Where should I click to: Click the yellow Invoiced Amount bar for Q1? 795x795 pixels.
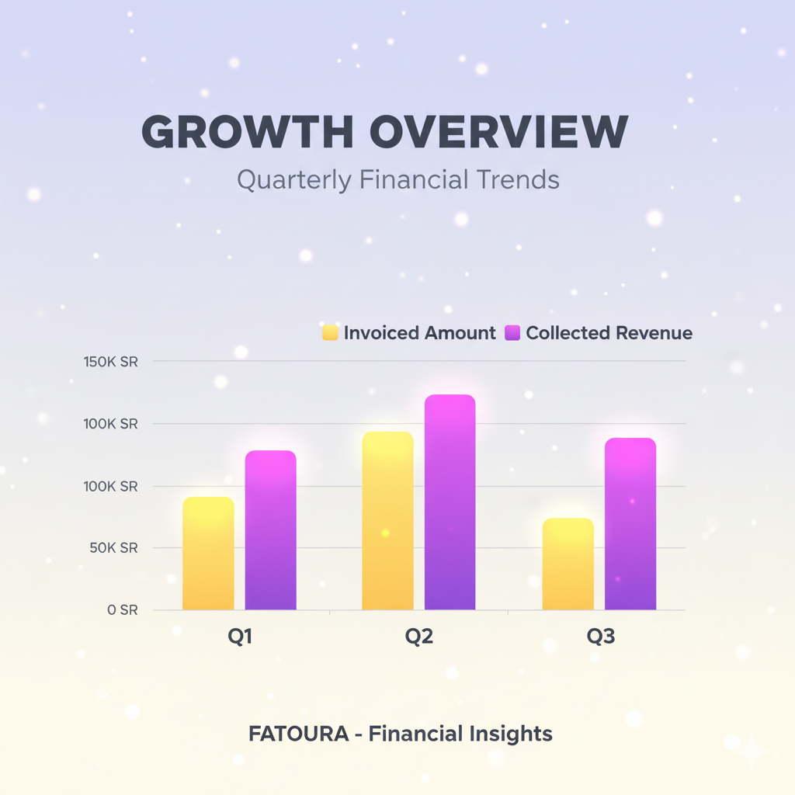[208, 553]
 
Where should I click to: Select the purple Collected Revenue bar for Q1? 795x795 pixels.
[271, 529]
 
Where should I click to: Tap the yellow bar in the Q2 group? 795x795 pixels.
[388, 521]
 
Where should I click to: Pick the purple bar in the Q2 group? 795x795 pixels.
[450, 502]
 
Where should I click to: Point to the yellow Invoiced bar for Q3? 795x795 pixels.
[568, 564]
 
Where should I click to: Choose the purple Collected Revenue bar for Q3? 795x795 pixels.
[630, 524]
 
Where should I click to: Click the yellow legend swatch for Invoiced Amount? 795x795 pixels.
[330, 332]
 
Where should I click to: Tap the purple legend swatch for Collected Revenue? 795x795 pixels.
[512, 332]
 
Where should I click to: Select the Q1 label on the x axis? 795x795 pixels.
[240, 637]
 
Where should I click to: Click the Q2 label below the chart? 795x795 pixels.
[419, 637]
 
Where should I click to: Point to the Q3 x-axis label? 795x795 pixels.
[601, 637]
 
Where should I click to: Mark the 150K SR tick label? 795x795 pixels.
[110, 362]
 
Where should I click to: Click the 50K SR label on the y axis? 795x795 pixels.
[113, 548]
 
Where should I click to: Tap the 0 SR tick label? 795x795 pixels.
[122, 610]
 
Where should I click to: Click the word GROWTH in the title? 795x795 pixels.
[248, 132]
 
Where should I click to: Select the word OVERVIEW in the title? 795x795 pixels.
[499, 132]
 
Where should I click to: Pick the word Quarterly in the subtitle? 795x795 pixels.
[294, 180]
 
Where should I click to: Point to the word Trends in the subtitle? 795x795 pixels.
[518, 179]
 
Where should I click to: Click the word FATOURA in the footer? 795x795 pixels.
[299, 734]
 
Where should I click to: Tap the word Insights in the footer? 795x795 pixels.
[511, 734]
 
